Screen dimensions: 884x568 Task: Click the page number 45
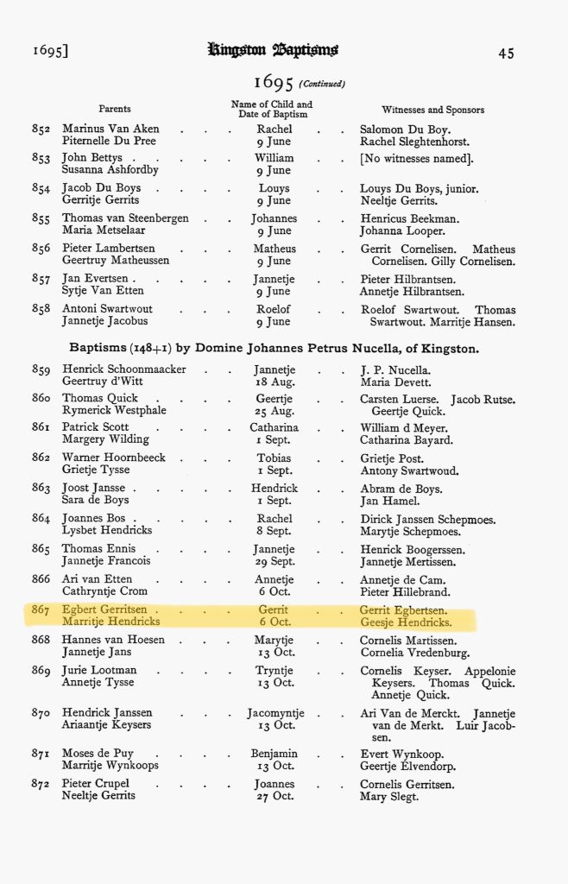(506, 53)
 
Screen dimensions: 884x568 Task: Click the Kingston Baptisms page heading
(272, 51)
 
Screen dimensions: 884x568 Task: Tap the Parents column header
(115, 109)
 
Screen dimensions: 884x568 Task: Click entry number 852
(41, 129)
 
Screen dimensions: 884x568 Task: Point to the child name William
(274, 158)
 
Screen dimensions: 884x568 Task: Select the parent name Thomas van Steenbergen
(125, 218)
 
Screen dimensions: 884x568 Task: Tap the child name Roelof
(274, 309)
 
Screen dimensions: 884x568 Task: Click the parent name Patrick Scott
(96, 427)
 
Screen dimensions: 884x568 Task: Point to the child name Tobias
(274, 458)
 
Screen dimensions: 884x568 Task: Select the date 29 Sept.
(274, 561)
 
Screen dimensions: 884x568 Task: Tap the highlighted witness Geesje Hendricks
(406, 622)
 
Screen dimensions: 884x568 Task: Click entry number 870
(41, 712)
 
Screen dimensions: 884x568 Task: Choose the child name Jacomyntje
(274, 712)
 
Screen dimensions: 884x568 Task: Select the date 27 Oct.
(274, 797)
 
